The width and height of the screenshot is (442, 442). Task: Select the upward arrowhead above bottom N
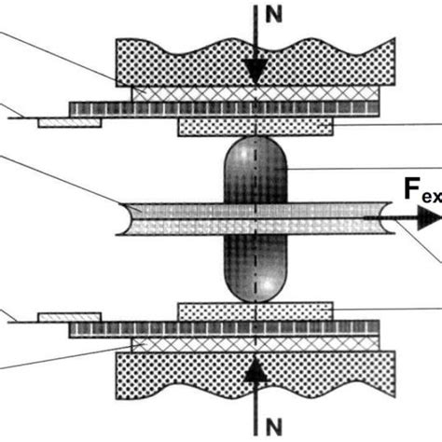(x=256, y=369)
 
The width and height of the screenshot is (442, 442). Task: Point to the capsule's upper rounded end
(x=255, y=155)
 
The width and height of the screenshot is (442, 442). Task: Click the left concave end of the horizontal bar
(x=118, y=219)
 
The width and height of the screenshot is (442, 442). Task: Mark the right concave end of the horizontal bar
(x=374, y=219)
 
